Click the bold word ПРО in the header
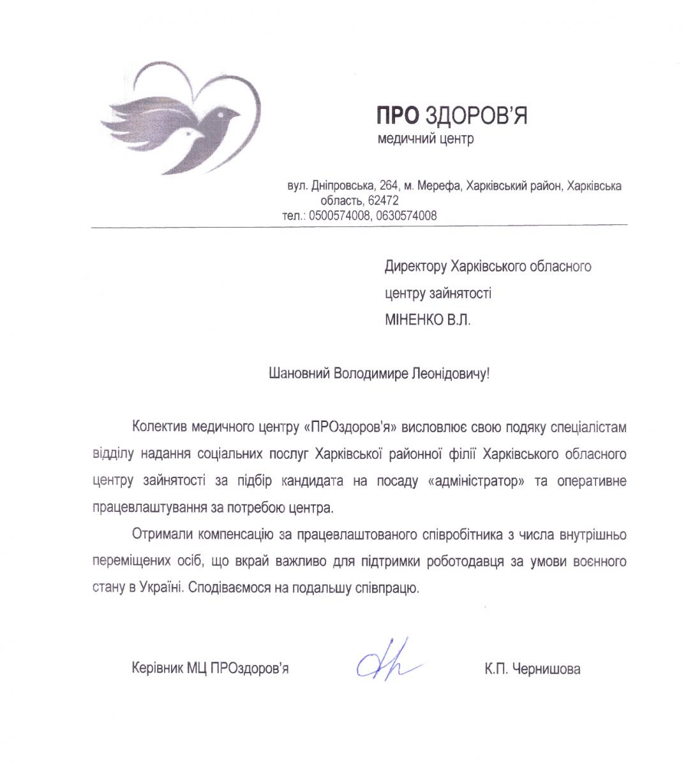[396, 115]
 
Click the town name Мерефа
[440, 186]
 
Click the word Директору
[415, 266]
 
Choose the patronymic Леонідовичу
[448, 373]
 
